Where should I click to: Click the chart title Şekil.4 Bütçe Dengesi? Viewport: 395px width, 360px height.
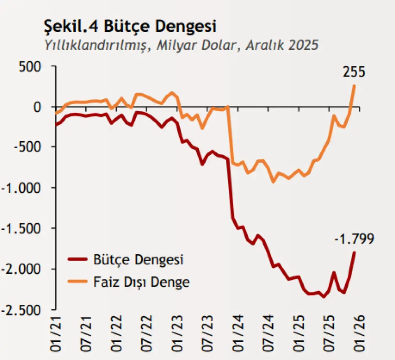point(130,27)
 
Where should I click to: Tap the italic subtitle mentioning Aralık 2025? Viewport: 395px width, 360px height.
point(181,45)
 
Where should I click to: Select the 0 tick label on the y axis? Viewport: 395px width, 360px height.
point(38,107)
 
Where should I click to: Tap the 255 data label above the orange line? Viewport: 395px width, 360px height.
point(354,72)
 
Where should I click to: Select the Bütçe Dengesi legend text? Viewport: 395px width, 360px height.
point(138,260)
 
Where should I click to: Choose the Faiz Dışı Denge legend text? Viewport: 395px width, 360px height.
point(142,282)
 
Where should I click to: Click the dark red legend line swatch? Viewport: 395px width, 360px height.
point(78,260)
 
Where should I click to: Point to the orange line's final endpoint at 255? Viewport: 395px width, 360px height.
point(354,86)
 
